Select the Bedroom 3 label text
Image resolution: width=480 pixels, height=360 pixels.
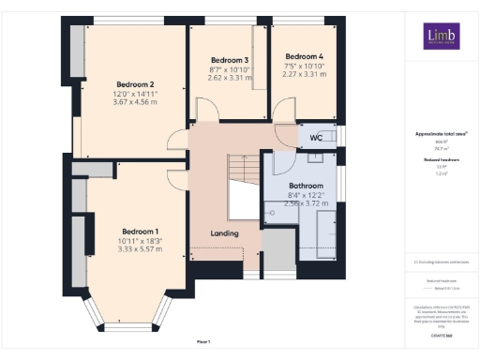(x=229, y=60)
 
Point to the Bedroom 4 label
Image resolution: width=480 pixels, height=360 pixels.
(x=304, y=56)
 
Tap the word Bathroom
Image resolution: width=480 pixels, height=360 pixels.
(x=306, y=186)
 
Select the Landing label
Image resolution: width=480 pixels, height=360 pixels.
(x=224, y=233)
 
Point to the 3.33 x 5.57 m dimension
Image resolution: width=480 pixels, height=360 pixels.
(x=141, y=250)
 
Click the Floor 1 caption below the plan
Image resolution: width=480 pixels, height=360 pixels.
(x=203, y=341)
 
